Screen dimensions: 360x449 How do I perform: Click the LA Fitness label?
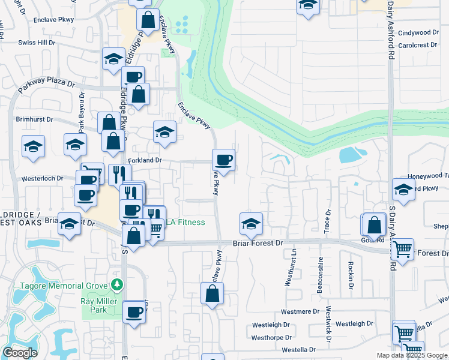(185, 223)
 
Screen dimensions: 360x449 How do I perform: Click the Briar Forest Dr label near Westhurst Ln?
(258, 244)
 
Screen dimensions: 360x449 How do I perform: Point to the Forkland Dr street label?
(145, 160)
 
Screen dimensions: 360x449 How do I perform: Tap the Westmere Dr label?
(300, 311)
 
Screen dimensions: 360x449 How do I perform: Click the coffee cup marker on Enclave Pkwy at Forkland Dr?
(223, 160)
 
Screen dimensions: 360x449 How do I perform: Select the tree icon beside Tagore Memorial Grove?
(118, 284)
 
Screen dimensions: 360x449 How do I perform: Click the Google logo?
(20, 353)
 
